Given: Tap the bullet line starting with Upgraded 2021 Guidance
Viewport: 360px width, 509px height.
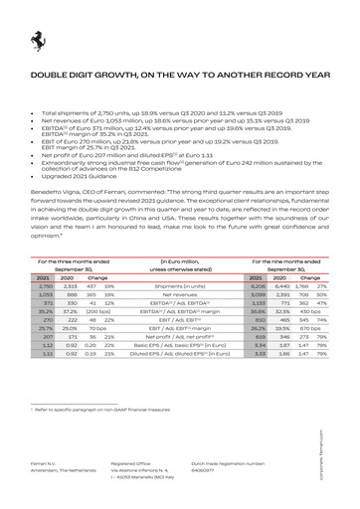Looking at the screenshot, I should click(78, 174).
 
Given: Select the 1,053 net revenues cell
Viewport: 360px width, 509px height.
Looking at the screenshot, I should click(44, 294).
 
